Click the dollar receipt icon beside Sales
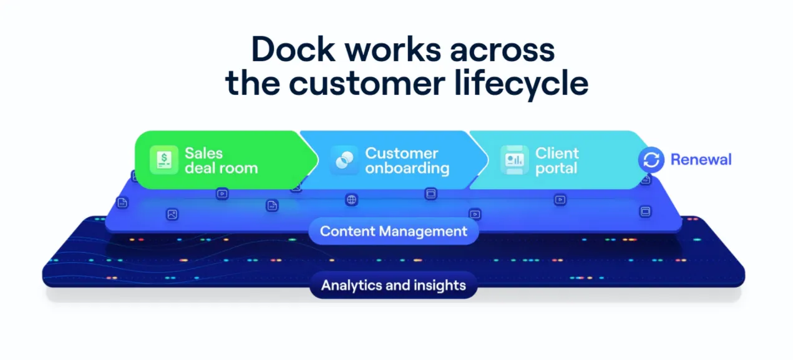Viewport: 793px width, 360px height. point(164,160)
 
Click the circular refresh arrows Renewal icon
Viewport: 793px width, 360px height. point(651,160)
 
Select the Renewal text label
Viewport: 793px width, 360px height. point(701,160)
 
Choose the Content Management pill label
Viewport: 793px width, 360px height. point(393,231)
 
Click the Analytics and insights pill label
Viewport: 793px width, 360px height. point(393,286)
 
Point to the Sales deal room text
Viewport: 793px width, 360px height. point(221,160)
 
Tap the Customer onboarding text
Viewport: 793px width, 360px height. point(407,160)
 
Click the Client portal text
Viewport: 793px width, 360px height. point(557,160)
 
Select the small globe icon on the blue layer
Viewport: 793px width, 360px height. point(352,200)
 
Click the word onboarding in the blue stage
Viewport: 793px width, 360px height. point(407,168)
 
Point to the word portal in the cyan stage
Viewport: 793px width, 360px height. point(557,168)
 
